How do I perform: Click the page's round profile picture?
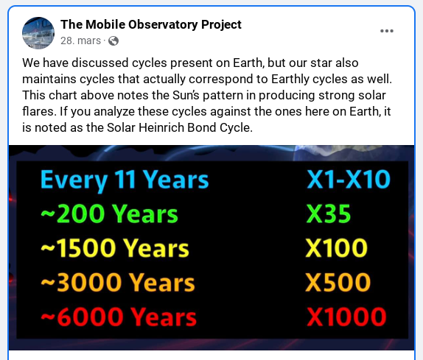[x=38, y=32]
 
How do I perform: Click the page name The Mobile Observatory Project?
[x=151, y=24]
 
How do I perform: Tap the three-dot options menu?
[x=387, y=31]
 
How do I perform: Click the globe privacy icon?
[x=113, y=40]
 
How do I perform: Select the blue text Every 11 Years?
[x=125, y=180]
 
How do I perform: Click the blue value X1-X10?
[x=348, y=180]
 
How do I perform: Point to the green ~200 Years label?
[x=109, y=214]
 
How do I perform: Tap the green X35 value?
[x=328, y=214]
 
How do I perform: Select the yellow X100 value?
[x=337, y=248]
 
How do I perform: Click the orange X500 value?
[x=338, y=283]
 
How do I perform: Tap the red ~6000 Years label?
[x=118, y=317]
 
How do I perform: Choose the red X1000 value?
[x=346, y=317]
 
